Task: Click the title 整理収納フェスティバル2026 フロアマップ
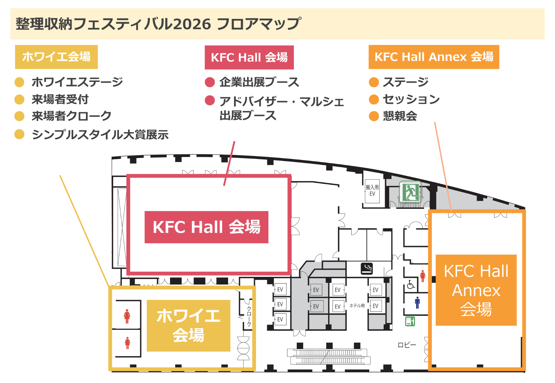click(158, 24)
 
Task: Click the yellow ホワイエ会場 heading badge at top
click(56, 57)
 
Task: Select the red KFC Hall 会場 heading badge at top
click(249, 57)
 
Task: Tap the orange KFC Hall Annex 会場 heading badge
click(434, 57)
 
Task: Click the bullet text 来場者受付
click(60, 99)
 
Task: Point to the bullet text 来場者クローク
click(72, 116)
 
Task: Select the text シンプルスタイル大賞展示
click(100, 134)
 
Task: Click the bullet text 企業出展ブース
click(259, 82)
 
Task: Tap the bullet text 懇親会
click(400, 116)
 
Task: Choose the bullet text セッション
click(411, 99)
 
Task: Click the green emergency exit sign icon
click(410, 192)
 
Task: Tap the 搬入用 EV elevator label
click(372, 191)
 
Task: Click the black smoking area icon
click(367, 268)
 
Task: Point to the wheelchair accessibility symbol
click(411, 284)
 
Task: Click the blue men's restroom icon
click(417, 302)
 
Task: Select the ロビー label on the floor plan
click(407, 345)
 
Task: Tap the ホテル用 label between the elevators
click(357, 306)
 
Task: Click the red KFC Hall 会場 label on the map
click(206, 227)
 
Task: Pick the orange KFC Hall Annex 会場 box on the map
click(476, 290)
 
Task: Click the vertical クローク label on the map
click(249, 316)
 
